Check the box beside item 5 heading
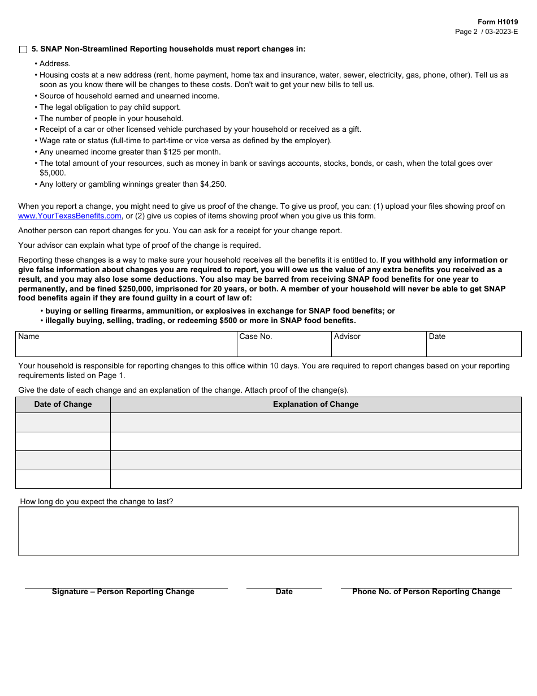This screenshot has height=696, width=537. coord(23,49)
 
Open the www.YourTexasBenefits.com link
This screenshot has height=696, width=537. coord(70,216)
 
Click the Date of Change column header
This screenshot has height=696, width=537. coord(63,405)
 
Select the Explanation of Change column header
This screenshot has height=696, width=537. coord(315,405)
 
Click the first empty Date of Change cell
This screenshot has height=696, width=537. coord(63,423)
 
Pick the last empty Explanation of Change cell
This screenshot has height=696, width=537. coord(315,479)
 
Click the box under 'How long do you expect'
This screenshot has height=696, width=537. coord(268,531)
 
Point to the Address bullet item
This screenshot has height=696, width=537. coord(55,64)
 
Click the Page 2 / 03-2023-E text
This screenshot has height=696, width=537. coord(486,32)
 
